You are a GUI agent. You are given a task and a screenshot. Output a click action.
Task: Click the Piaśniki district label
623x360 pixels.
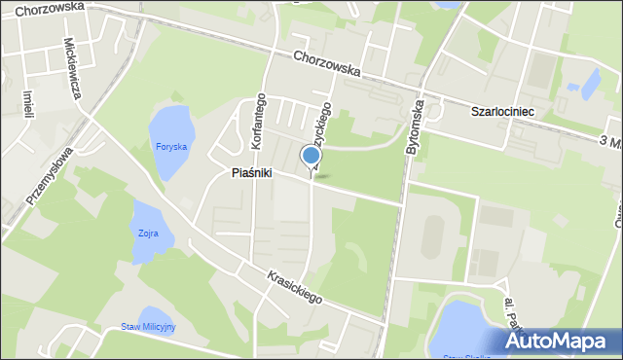click(x=251, y=173)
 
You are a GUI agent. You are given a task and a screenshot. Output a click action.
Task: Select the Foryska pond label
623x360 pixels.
click(x=171, y=147)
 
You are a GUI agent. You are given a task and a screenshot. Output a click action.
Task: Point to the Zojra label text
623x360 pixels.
click(x=148, y=234)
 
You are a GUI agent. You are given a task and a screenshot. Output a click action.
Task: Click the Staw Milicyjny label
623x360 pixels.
click(x=148, y=327)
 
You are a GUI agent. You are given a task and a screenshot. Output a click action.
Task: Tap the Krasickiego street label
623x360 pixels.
click(x=293, y=286)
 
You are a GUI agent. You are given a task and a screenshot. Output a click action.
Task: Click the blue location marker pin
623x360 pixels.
click(x=311, y=156)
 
